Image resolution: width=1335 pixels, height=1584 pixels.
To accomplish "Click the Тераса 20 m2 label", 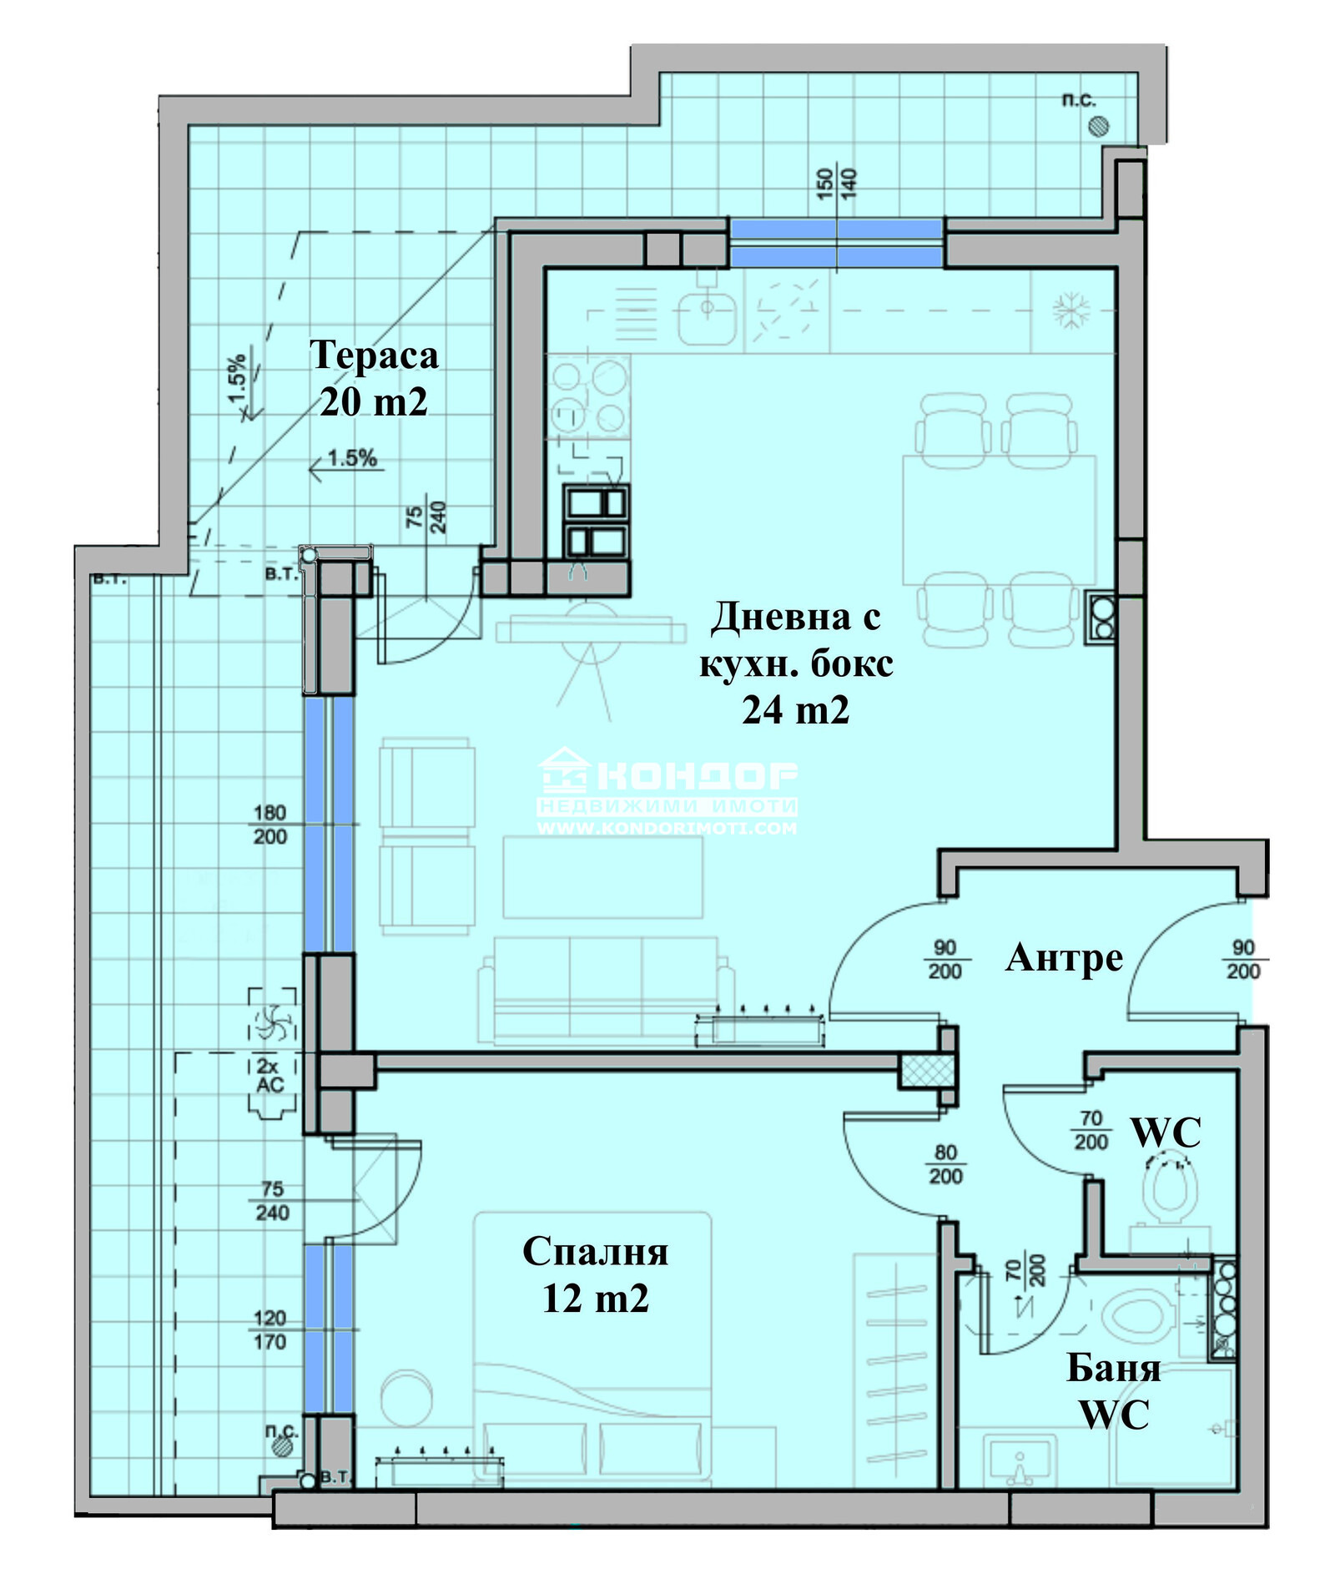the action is click(374, 378).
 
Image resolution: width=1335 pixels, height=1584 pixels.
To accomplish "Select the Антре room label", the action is click(1064, 958).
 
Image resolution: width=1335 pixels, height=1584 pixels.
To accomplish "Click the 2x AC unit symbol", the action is click(271, 1053).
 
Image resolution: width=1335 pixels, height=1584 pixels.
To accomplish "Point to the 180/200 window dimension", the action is click(270, 825).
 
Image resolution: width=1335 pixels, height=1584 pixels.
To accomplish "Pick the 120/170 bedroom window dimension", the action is click(270, 1330).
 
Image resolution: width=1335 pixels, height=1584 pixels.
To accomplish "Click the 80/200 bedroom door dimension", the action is click(945, 1164).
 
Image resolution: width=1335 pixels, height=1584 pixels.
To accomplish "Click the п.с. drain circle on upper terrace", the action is click(1099, 127).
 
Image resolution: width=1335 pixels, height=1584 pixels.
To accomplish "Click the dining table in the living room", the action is click(999, 519).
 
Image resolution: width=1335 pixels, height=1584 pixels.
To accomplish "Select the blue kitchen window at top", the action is click(837, 243).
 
